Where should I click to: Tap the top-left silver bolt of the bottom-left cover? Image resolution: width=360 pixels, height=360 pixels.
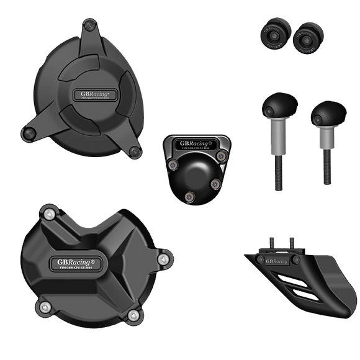(x=45, y=215)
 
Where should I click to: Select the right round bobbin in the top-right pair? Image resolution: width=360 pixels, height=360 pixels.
(x=305, y=40)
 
